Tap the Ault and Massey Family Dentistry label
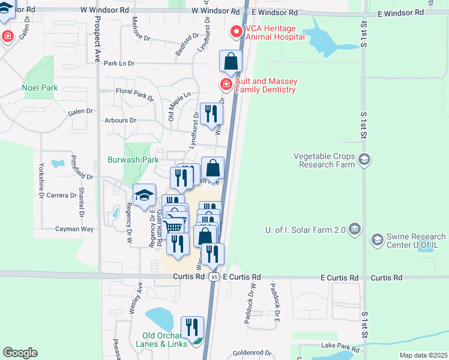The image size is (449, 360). point(265,86)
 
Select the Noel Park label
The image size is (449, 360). point(40,88)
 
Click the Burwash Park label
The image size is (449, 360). point(133,160)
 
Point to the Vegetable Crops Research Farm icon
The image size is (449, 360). point(364,159)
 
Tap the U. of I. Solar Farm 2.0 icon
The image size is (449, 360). point(355,229)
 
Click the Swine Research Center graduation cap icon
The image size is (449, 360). point(377,241)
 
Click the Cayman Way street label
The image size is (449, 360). point(74,229)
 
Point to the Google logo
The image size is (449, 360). point(20,353)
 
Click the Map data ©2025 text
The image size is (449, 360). point(423,355)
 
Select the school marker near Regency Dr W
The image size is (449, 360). point(144,196)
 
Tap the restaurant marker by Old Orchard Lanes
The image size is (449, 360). point(192,328)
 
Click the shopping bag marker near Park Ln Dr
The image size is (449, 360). point(231,61)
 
